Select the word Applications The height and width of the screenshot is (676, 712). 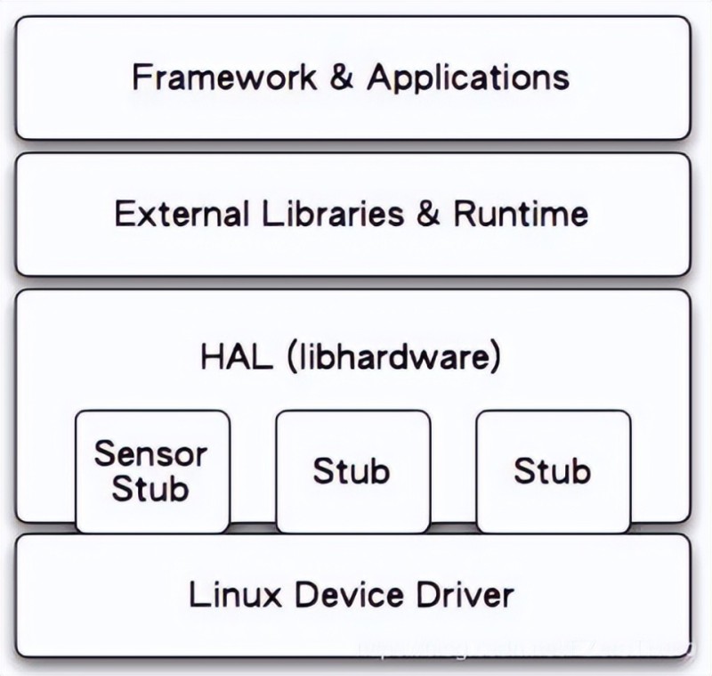468,77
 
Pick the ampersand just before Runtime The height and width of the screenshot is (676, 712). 429,215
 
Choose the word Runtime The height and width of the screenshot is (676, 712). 521,215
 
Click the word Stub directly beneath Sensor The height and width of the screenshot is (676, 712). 151,488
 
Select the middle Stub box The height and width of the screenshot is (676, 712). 352,470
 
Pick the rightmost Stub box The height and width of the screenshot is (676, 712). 553,470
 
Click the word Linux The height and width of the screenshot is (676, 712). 227,594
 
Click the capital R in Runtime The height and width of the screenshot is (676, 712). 463,215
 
